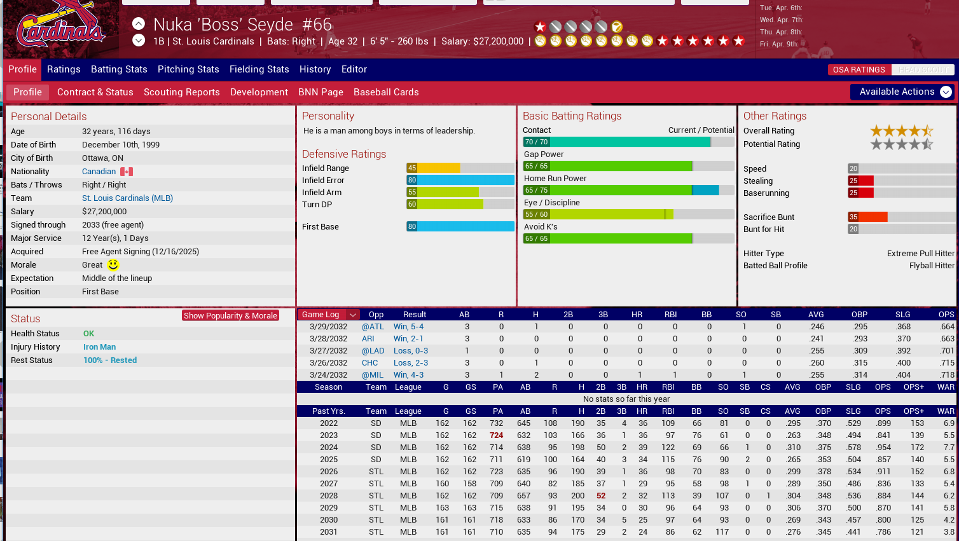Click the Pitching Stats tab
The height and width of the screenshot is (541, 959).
pos(188,69)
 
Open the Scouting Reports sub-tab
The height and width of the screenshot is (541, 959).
pos(181,92)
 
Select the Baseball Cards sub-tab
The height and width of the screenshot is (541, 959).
pos(386,92)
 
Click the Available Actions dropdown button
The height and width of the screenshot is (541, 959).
pos(902,92)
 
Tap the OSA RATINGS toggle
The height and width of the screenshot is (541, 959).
pos(859,70)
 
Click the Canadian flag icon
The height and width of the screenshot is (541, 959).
pos(127,172)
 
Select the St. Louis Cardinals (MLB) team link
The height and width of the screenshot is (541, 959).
pos(127,198)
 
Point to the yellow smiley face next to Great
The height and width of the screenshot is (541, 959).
pos(113,264)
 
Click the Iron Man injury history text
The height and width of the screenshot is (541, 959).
pos(99,347)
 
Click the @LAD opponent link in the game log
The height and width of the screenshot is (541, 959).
pos(373,351)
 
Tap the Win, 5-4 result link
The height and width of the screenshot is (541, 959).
pos(408,327)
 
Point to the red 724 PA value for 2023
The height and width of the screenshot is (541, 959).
pos(496,435)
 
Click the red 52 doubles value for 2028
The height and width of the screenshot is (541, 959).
pos(601,496)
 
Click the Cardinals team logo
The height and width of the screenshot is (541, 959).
pos(60,27)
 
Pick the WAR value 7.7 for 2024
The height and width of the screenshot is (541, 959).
pos(949,448)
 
